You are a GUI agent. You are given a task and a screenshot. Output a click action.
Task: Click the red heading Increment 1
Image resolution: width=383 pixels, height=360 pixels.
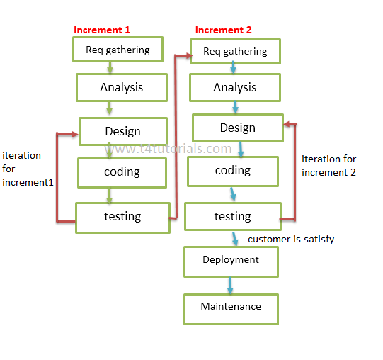[102, 30]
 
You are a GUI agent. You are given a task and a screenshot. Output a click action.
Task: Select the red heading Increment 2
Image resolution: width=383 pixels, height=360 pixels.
[223, 30]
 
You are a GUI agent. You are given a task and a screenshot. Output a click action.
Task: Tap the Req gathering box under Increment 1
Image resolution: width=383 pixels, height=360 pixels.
[118, 50]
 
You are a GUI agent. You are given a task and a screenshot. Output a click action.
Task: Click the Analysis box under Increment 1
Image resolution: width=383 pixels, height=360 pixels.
[121, 88]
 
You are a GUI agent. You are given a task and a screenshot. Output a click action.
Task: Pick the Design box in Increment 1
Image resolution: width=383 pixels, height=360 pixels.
[122, 131]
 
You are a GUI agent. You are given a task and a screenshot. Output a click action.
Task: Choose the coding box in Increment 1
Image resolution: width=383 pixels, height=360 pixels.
[122, 171]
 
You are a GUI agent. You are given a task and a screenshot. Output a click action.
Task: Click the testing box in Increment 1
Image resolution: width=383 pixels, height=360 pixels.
[122, 217]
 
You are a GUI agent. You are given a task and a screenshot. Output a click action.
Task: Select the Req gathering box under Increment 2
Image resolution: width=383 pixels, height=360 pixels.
[235, 51]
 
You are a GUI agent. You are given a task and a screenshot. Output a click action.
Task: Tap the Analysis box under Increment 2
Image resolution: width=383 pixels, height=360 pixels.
[234, 88]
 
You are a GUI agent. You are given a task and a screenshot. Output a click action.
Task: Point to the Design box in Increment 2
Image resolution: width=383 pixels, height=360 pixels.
[237, 128]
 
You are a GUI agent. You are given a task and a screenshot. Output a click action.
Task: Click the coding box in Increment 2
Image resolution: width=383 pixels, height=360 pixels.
[233, 171]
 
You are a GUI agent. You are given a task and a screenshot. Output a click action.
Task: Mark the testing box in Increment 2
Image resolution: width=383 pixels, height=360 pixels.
[232, 216]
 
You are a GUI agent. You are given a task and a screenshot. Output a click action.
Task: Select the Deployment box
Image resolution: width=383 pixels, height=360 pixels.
[231, 260]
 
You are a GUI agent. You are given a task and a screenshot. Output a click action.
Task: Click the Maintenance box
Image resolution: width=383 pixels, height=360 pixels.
[231, 308]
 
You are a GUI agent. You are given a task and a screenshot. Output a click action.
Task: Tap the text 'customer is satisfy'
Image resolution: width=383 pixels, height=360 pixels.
[291, 240]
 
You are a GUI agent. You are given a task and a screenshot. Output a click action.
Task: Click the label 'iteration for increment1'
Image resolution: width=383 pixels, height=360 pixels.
[27, 169]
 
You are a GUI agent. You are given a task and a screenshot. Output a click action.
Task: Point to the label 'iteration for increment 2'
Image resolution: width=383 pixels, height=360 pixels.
[328, 166]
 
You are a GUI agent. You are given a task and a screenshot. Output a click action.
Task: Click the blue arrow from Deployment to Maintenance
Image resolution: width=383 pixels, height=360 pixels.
[230, 285]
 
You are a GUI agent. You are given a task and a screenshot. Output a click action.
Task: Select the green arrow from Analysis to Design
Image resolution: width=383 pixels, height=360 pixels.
[108, 108]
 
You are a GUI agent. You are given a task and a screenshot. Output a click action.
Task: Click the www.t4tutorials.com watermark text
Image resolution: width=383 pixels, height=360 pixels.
[170, 149]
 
